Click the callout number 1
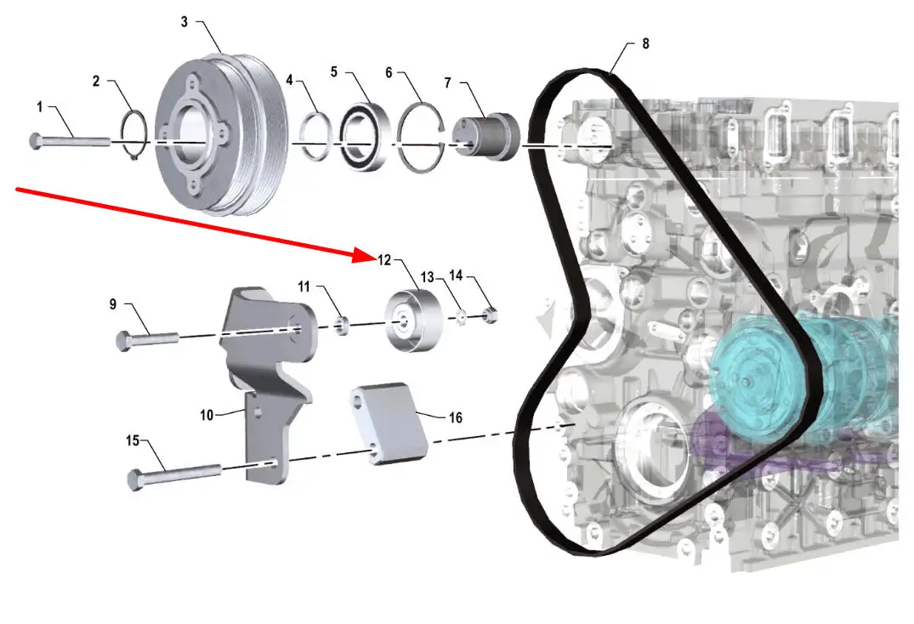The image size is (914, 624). pyautogui.click(x=39, y=107)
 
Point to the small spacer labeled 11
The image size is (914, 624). pyautogui.click(x=343, y=324)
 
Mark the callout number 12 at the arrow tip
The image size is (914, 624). pyautogui.click(x=384, y=258)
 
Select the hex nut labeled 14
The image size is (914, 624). pyautogui.click(x=491, y=316)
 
